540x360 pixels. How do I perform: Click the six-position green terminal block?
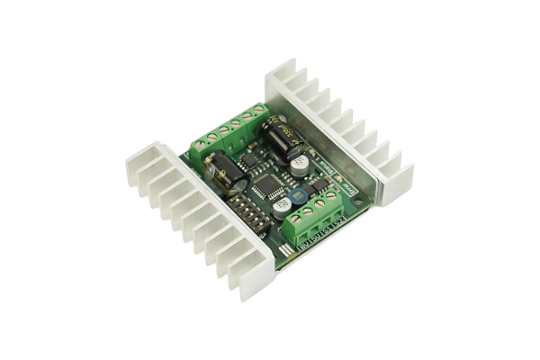click(229, 133)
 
